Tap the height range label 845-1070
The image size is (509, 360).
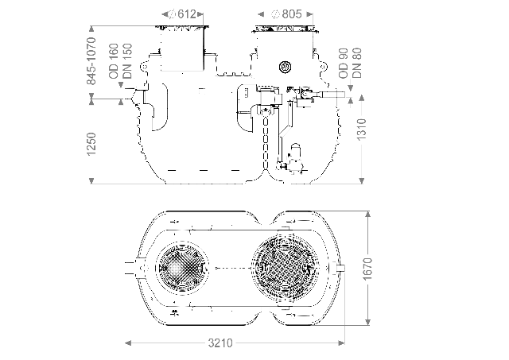(x=91, y=60)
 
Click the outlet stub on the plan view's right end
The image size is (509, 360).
(x=341, y=269)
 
